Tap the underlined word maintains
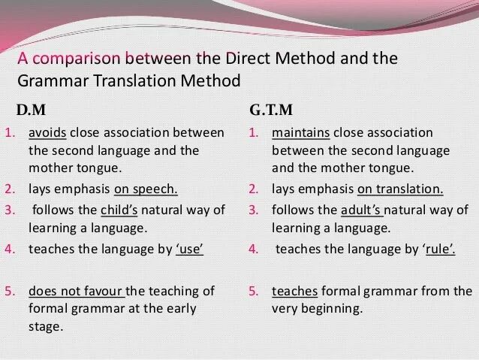(x=300, y=133)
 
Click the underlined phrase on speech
(x=154, y=189)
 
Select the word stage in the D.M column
(x=45, y=327)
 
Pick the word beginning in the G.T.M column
(x=335, y=309)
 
